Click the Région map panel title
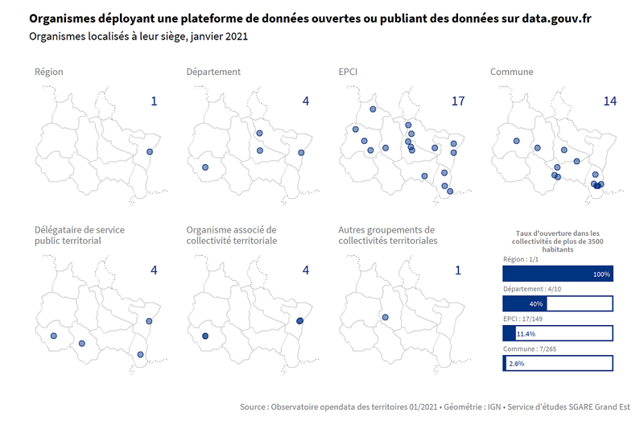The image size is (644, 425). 49,72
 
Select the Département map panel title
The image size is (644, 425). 213,72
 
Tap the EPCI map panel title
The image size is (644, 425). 349,72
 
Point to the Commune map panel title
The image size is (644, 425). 512,72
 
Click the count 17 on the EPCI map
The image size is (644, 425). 458,101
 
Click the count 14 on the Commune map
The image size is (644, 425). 610,101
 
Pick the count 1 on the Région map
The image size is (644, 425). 154,101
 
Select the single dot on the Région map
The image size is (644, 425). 150,152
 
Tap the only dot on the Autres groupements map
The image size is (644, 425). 385,317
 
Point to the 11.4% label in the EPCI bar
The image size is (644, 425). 526,333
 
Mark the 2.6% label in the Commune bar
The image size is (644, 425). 516,364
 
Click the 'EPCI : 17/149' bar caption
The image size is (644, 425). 527,319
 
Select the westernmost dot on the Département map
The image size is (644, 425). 205,167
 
